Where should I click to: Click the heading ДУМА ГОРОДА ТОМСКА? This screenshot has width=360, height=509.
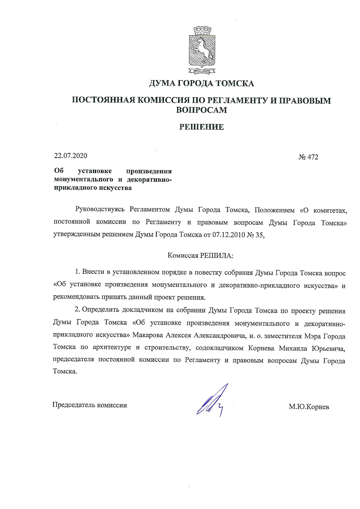(201, 84)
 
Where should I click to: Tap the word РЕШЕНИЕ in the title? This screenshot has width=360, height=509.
(201, 127)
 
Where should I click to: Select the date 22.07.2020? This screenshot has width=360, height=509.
(71, 156)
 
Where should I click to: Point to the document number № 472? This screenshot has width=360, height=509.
(308, 157)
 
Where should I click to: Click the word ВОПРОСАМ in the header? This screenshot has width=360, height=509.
(201, 110)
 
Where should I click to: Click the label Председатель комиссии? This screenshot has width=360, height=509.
(89, 405)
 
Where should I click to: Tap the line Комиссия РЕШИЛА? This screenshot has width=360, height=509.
(201, 256)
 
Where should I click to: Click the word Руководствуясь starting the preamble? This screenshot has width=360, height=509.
(100, 210)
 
